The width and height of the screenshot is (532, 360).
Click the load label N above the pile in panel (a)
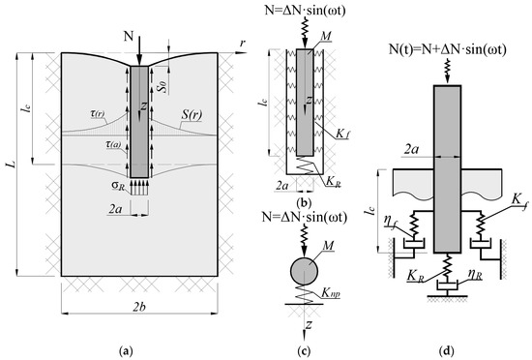tap(130, 35)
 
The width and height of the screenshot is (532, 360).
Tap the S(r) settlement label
tap(192, 115)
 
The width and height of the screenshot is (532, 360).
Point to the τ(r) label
tap(98, 114)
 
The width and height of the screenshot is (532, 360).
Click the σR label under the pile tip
tap(119, 186)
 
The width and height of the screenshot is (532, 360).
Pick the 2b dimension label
tap(139, 308)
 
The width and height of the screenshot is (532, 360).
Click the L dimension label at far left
tap(13, 165)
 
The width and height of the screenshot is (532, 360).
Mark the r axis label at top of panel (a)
tap(243, 44)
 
